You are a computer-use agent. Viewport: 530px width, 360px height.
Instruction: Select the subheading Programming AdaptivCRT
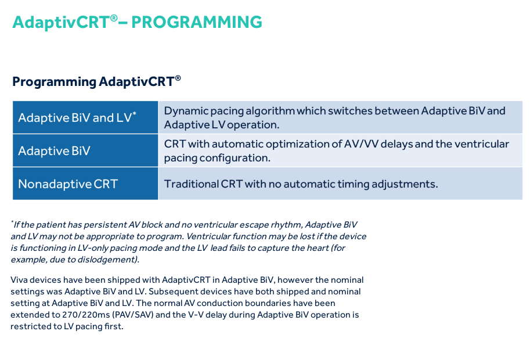click(x=96, y=81)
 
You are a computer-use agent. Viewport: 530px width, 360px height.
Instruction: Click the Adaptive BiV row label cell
click(x=54, y=151)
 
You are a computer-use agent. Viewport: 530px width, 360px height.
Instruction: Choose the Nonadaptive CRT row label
click(x=68, y=184)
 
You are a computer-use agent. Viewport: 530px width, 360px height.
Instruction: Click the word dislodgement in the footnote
click(x=110, y=260)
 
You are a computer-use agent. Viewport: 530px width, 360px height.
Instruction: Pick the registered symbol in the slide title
click(x=114, y=17)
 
